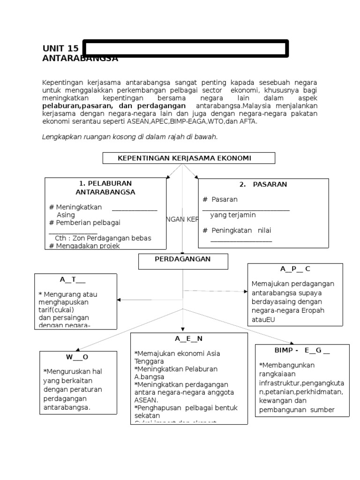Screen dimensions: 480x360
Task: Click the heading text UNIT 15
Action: (60, 49)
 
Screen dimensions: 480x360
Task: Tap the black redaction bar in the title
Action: (185, 49)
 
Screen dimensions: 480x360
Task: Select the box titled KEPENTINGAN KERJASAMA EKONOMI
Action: (188, 158)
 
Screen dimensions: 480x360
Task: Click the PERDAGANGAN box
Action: (183, 259)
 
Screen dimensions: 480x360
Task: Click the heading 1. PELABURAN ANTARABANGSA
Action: (105, 187)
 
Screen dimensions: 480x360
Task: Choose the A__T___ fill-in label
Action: (72, 280)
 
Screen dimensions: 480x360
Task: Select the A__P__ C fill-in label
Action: (295, 269)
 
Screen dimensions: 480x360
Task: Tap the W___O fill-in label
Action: (77, 357)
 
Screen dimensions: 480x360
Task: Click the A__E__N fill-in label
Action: (188, 338)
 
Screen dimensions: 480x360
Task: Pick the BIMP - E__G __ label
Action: (302, 351)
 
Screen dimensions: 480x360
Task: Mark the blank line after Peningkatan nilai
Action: (241, 241)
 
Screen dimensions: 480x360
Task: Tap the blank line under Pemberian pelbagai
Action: (73, 232)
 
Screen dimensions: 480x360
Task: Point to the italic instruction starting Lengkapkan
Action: (130, 137)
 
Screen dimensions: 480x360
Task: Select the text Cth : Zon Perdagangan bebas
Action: (103, 238)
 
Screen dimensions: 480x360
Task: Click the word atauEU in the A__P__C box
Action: (263, 320)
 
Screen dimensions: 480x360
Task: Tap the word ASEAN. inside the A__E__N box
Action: (146, 401)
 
